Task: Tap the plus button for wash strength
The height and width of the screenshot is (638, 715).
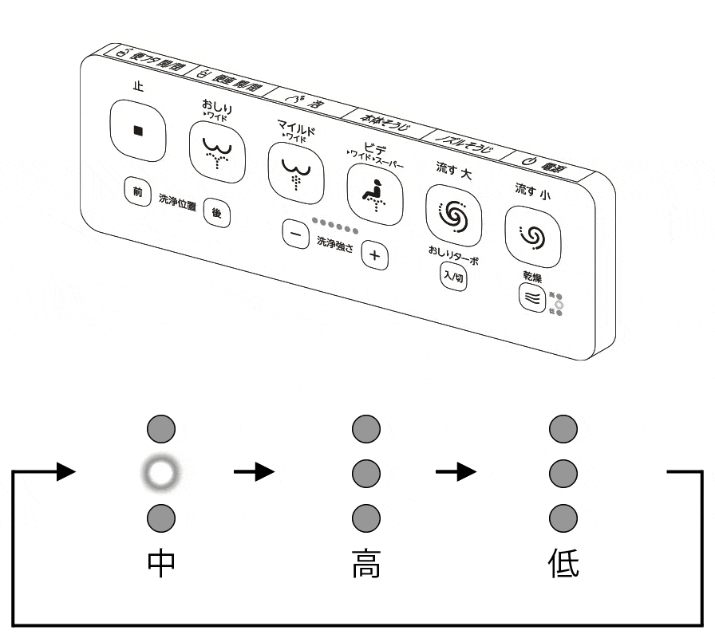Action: pyautogui.click(x=374, y=257)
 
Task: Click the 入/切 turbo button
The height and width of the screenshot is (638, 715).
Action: pyautogui.click(x=453, y=278)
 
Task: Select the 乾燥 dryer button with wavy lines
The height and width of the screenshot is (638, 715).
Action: pyautogui.click(x=532, y=298)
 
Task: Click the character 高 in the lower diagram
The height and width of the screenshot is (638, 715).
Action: pyautogui.click(x=365, y=563)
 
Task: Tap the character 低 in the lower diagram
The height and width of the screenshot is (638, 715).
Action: pyautogui.click(x=564, y=563)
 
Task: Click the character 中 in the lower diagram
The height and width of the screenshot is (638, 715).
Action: pyautogui.click(x=162, y=563)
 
